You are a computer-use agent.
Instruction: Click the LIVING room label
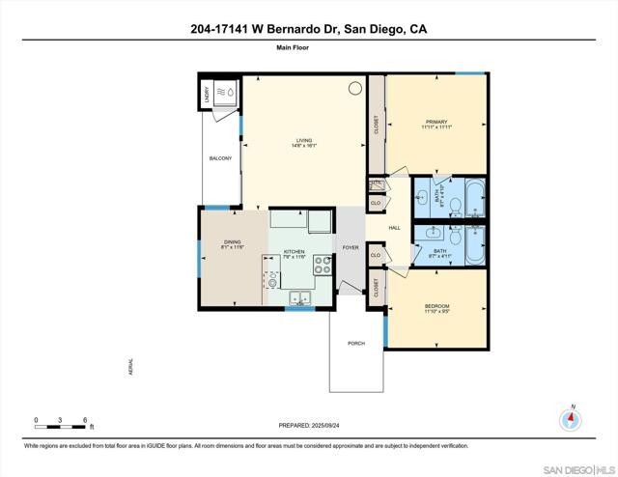pyautogui.click(x=304, y=141)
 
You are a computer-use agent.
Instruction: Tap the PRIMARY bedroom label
pyautogui.click(x=436, y=123)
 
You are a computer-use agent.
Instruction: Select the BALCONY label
pyautogui.click(x=220, y=158)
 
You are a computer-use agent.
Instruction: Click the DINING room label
pyautogui.click(x=232, y=242)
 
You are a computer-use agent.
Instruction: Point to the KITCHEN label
pyautogui.click(x=294, y=252)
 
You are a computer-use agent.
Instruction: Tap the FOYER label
pyautogui.click(x=350, y=247)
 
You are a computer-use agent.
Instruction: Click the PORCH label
pyautogui.click(x=356, y=343)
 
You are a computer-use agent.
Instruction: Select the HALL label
pyautogui.click(x=394, y=228)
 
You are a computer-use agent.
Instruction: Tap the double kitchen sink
pyautogui.click(x=299, y=297)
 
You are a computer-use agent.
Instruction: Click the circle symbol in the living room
pyautogui.click(x=354, y=88)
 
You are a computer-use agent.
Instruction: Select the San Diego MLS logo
pyautogui.click(x=577, y=467)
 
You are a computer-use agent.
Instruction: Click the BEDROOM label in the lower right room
pyautogui.click(x=436, y=307)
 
